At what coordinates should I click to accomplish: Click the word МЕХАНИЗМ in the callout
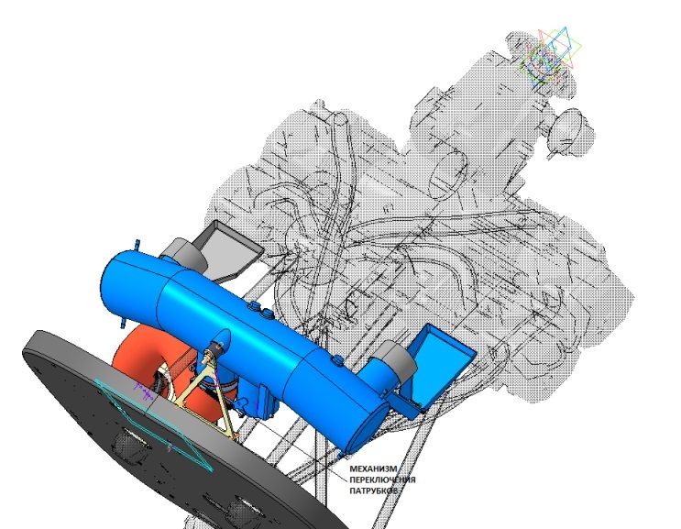tap(373, 469)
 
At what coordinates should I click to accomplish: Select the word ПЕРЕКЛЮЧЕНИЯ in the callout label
tap(382, 479)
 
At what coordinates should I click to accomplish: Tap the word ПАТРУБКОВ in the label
tap(374, 490)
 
